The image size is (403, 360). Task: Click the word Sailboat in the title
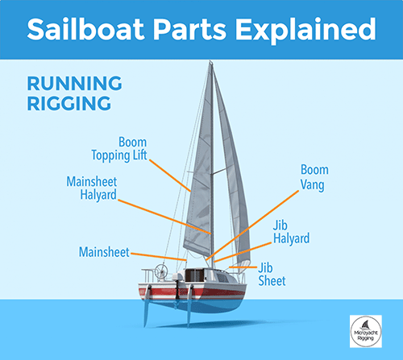[x=86, y=29]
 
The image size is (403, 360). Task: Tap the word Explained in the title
[x=305, y=31]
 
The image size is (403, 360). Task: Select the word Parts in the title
[x=190, y=30]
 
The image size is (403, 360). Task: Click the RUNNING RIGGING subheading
[x=74, y=93]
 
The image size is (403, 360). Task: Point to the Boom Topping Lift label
[x=119, y=149]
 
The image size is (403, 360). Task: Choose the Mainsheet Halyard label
[x=92, y=188]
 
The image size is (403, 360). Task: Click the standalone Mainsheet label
[x=104, y=252]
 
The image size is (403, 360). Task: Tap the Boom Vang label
[x=314, y=177]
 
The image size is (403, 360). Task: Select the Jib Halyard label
[x=291, y=233]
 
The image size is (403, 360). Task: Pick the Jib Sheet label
[x=272, y=275]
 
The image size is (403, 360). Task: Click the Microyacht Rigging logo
[x=366, y=331]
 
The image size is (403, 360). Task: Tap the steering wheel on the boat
[x=161, y=271]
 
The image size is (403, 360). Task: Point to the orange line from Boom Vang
[x=252, y=226]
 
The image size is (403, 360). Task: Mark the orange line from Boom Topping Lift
[x=170, y=176]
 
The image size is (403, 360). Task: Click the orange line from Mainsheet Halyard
[x=164, y=217]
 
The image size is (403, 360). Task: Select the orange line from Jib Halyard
[x=243, y=252]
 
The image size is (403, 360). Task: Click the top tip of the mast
[x=210, y=61]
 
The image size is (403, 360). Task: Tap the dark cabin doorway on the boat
[x=194, y=275]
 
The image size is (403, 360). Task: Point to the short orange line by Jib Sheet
[x=243, y=267]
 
